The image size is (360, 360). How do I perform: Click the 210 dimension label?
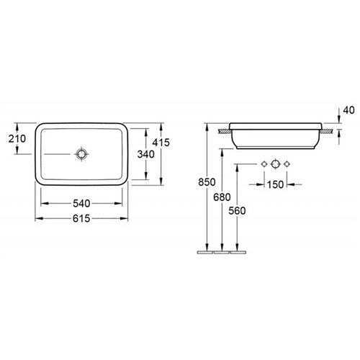point(17,139)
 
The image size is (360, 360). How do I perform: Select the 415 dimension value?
point(161,143)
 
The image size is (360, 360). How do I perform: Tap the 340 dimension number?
point(146,154)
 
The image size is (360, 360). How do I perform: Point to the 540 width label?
point(81,204)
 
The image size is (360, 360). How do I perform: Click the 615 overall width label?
point(81,218)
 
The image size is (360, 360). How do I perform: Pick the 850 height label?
point(207,182)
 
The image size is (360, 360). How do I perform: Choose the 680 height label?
point(222,197)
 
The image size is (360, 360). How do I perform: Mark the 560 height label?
point(237,211)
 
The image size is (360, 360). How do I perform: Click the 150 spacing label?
point(275,184)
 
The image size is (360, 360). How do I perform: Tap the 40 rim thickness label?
point(348,110)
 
